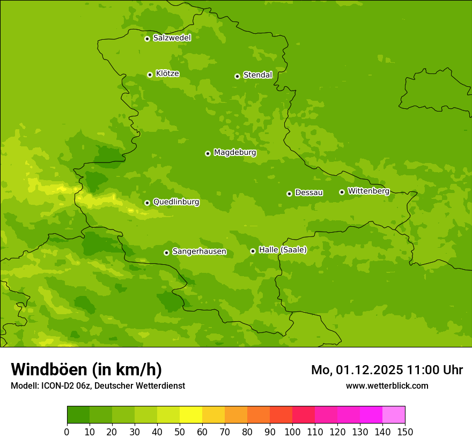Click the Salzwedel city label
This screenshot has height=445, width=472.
click(x=172, y=38)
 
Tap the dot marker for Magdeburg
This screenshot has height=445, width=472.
click(x=208, y=153)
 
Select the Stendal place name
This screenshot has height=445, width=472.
click(x=257, y=75)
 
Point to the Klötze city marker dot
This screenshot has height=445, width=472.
click(x=150, y=75)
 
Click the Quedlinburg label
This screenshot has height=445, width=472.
click(x=176, y=202)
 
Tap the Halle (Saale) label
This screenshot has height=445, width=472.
click(x=283, y=250)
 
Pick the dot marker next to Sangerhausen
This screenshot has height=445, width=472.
click(x=166, y=253)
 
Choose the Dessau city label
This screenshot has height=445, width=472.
click(x=309, y=192)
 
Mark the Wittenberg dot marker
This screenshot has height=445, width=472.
click(x=342, y=192)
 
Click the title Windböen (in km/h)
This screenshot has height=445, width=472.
click(x=86, y=369)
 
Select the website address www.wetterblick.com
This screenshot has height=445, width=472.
click(x=387, y=385)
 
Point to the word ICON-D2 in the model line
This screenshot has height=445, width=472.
click(x=55, y=386)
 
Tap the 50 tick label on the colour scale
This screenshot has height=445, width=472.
click(x=180, y=432)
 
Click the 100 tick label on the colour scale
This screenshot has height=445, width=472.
click(x=292, y=432)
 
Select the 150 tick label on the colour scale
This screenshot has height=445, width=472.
click(x=405, y=432)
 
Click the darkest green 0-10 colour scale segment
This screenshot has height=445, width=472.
click(x=78, y=415)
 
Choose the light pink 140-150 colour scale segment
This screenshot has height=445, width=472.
click(x=394, y=415)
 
